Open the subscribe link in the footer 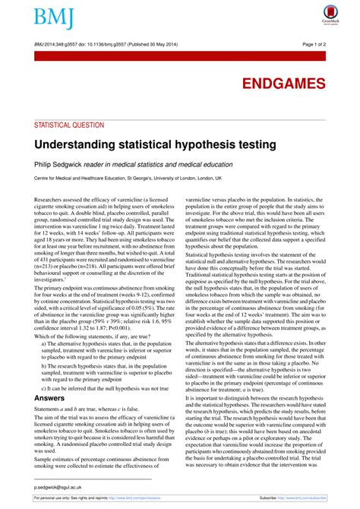click(x=305, y=498)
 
